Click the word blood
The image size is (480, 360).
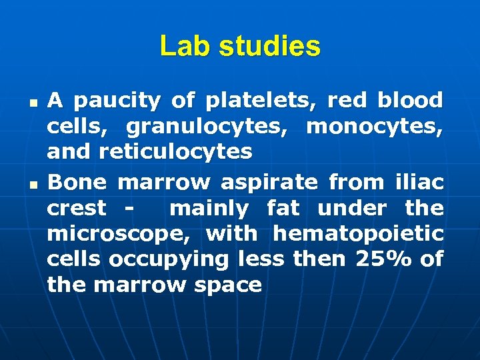tap(409, 101)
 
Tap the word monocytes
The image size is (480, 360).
tap(375, 127)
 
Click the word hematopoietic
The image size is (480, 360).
tap(358, 234)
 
